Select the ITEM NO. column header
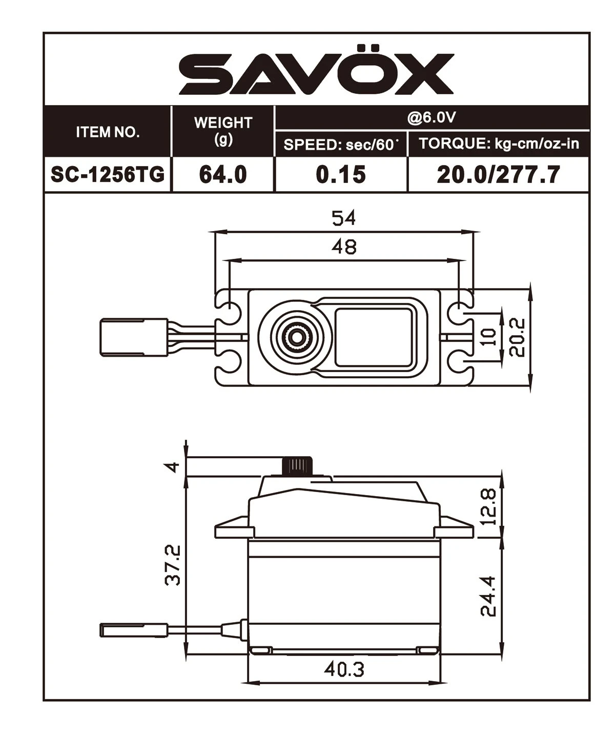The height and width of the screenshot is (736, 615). click(108, 132)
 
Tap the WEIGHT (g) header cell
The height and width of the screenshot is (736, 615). click(223, 131)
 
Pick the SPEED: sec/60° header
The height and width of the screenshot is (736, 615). click(341, 145)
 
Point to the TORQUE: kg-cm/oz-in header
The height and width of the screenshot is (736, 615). click(499, 144)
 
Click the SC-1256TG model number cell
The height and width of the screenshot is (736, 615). click(108, 175)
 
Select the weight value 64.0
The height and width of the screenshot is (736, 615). click(223, 175)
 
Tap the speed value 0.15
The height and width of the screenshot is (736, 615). click(341, 175)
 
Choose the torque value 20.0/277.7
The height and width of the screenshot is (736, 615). click(498, 175)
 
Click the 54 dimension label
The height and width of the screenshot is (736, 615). click(343, 218)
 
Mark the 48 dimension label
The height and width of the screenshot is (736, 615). click(343, 247)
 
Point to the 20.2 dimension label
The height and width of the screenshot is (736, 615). click(518, 337)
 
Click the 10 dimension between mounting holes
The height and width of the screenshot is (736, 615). click(490, 337)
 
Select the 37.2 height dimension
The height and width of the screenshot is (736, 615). click(174, 565)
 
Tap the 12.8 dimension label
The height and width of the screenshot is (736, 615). click(489, 506)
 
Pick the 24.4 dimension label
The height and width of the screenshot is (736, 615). click(489, 596)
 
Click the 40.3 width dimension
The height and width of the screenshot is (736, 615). click(344, 669)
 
